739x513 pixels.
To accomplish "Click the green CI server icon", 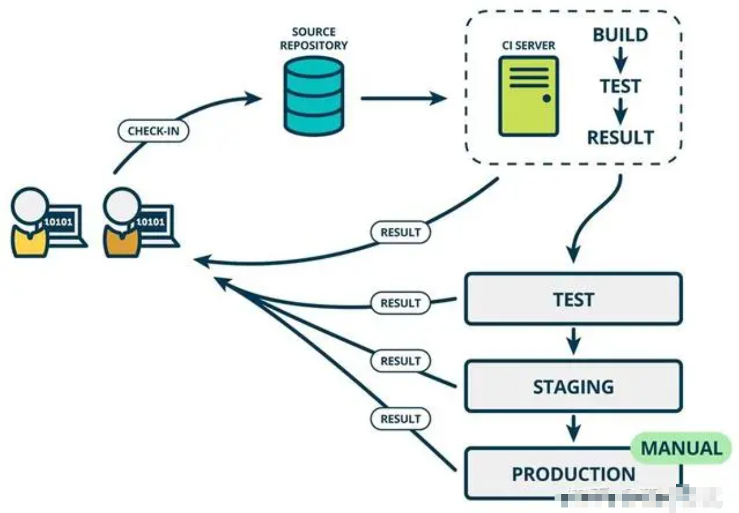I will click(x=528, y=96).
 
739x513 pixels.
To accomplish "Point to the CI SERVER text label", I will click(x=528, y=45).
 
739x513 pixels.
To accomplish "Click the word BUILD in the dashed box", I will click(x=620, y=35).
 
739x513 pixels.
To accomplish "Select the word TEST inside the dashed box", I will click(x=620, y=86).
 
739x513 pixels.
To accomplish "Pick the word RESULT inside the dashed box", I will click(x=620, y=137).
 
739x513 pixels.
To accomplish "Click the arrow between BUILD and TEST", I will click(x=620, y=60).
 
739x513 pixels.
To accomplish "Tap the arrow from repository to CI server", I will click(x=403, y=98).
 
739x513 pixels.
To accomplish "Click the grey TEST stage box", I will click(x=573, y=299).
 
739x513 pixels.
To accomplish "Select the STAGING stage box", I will click(x=573, y=386).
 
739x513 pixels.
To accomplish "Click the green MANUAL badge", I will click(x=681, y=448).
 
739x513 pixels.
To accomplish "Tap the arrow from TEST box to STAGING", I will click(x=574, y=342).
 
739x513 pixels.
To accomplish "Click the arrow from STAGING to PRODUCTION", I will click(x=574, y=429).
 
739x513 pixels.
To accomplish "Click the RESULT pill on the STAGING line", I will click(x=401, y=361).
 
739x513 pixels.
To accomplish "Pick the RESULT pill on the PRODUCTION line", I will click(x=401, y=419).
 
